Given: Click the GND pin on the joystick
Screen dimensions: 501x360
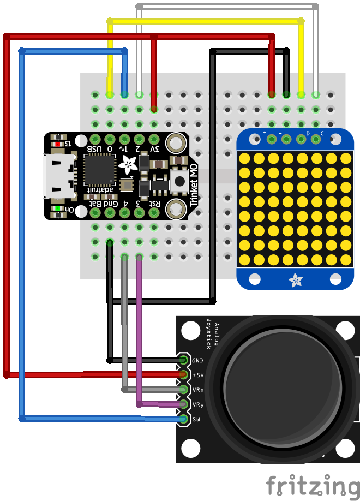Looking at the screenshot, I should point(183,360).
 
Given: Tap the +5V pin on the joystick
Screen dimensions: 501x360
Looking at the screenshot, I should point(183,375).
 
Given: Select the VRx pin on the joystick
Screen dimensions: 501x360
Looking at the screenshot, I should point(183,390).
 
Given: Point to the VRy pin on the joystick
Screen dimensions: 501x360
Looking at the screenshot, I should point(183,404).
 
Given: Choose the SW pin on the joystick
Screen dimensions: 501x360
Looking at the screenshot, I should point(183,419).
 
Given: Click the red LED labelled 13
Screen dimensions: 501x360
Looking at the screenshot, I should point(57,144).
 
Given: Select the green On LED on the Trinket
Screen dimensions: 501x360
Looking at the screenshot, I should point(57,208).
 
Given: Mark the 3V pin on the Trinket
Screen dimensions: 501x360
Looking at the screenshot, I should point(154,139).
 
